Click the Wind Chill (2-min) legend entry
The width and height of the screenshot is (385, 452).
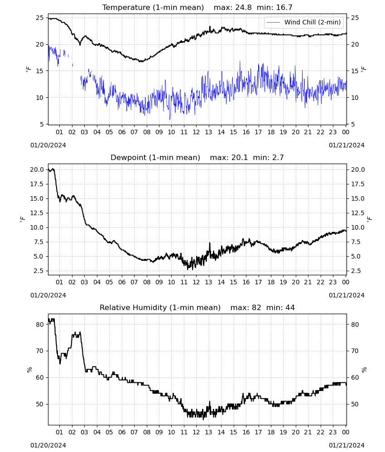click(x=303, y=22)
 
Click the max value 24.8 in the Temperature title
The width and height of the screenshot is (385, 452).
click(x=243, y=8)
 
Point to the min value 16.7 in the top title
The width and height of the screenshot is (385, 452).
click(x=284, y=8)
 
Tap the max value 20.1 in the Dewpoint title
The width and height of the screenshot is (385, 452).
click(x=240, y=158)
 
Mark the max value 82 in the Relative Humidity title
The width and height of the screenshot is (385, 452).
click(x=256, y=307)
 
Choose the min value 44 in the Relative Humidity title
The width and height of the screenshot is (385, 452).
click(x=290, y=307)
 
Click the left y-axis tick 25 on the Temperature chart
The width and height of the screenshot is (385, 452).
click(x=40, y=18)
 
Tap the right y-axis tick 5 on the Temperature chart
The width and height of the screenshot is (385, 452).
click(x=353, y=124)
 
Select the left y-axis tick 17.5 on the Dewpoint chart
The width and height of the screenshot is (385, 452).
click(x=37, y=184)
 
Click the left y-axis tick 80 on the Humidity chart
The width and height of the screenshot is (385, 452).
click(x=40, y=325)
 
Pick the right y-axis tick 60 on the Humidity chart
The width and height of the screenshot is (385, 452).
click(x=355, y=377)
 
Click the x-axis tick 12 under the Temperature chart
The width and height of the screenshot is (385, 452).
click(x=196, y=132)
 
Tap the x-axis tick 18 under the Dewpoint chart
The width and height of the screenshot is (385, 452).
click(x=271, y=282)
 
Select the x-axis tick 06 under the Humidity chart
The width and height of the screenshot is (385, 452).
click(x=122, y=433)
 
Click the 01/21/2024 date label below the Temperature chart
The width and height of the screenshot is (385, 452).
click(x=346, y=145)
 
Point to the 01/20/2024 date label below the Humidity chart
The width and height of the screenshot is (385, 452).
click(x=48, y=445)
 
